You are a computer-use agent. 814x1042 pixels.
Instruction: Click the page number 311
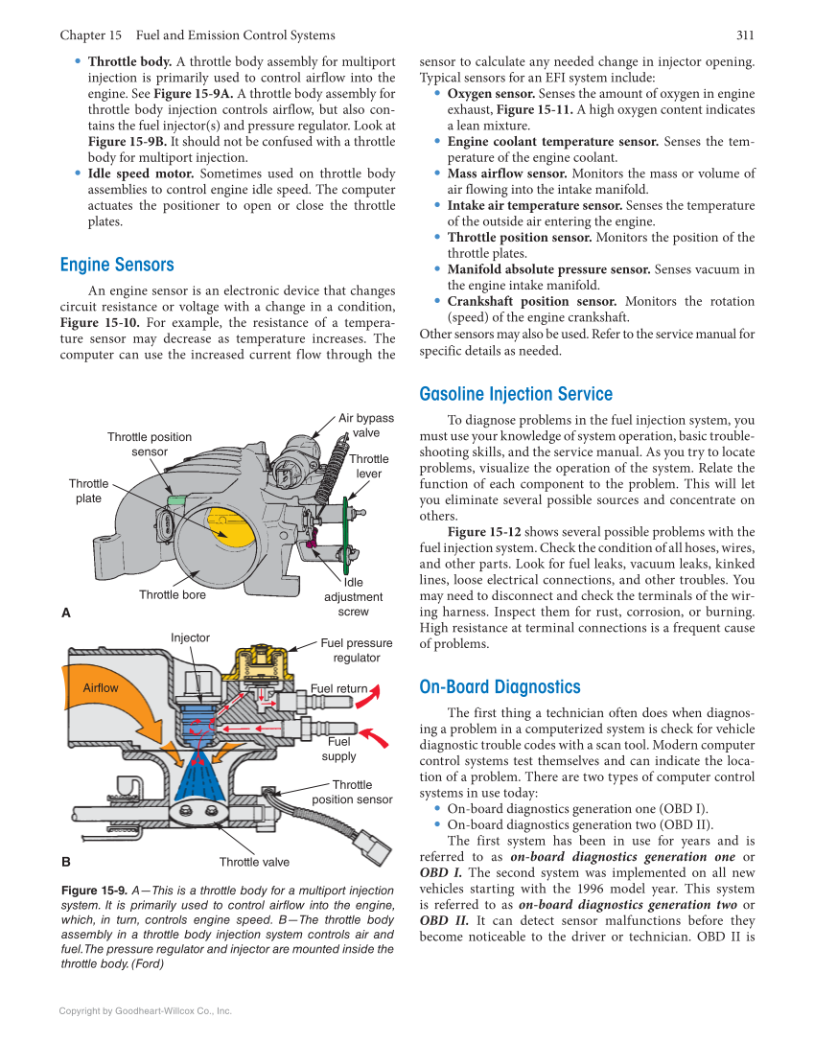point(745,35)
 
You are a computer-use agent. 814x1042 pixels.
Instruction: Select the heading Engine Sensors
point(117,265)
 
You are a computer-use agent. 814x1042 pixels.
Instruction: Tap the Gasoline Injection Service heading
point(516,394)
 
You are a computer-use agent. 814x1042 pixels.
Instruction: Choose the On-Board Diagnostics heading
point(500,687)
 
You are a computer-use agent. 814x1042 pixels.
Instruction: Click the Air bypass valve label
point(365,426)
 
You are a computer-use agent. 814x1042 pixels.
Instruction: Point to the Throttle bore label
point(173,595)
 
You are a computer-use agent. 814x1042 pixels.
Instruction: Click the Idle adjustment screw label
point(353,596)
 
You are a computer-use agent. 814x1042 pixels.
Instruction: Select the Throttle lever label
point(369,466)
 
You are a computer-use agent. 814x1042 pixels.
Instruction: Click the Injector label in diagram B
point(190,637)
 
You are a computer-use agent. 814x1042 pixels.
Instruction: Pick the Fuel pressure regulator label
point(356,651)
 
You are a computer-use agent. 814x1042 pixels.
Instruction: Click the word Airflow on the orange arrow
point(101,687)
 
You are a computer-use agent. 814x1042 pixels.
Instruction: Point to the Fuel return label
point(339,688)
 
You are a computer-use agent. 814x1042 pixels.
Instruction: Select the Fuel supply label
point(338,749)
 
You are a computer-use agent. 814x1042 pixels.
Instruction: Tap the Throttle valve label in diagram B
point(254,862)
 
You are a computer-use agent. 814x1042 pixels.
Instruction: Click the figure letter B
point(65,861)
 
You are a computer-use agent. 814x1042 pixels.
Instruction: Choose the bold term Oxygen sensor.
point(491,94)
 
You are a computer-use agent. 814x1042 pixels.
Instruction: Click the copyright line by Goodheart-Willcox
point(146,1010)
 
